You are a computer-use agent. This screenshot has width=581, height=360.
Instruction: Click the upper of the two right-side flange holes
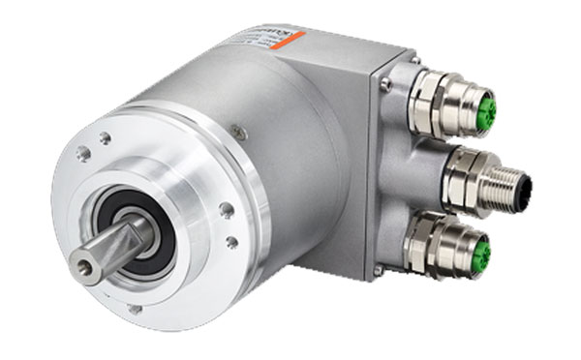227,208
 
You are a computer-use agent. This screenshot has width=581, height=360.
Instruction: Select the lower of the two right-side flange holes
231,242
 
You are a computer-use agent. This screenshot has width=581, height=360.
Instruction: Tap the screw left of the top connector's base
386,86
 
